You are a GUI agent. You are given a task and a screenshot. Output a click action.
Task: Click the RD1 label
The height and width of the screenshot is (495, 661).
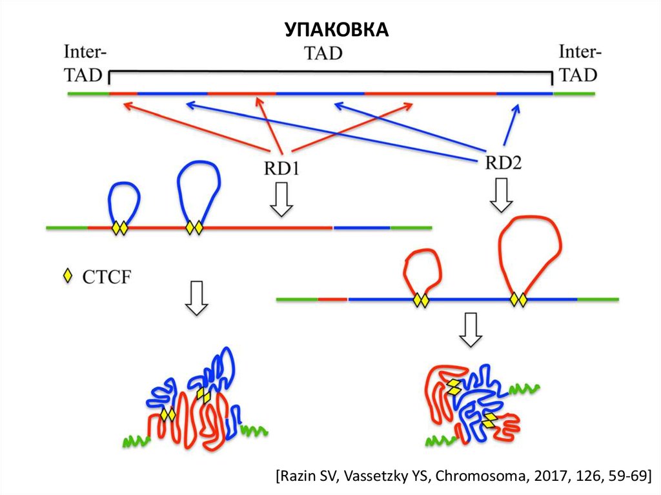(282, 169)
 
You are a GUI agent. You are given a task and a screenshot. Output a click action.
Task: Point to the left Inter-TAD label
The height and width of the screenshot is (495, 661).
(85, 63)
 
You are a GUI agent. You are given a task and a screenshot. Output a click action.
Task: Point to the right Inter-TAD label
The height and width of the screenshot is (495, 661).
(578, 63)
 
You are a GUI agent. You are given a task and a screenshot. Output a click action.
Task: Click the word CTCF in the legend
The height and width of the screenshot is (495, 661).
(107, 278)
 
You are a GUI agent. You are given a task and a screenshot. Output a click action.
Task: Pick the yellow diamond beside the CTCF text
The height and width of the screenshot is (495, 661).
(66, 278)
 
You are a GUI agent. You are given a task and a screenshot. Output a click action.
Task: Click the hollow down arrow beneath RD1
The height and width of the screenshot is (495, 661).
(281, 200)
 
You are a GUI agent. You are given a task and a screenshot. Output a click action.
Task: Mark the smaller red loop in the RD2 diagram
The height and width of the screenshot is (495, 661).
(422, 265)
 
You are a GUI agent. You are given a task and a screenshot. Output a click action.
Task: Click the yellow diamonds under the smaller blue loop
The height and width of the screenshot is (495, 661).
(120, 228)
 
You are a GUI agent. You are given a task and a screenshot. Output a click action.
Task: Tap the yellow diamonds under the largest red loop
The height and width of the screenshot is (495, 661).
(518, 299)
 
